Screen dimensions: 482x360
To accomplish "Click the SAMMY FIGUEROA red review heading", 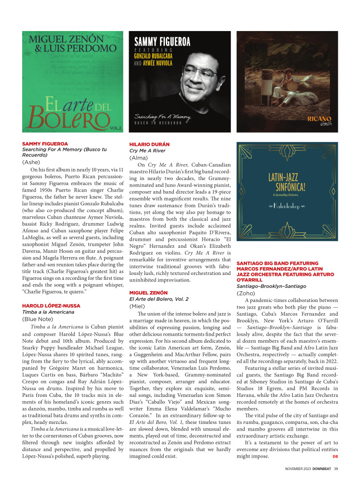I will pos(45,144).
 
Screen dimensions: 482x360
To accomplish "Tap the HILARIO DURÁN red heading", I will pos(149,145).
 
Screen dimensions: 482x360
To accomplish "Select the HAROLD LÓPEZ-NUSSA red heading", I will pos(51,306).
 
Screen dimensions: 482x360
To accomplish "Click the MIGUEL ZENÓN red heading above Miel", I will pos(149,293).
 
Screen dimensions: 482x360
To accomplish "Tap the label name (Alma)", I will pos(139,157).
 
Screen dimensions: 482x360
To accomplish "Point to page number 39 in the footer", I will pos(336,470).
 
